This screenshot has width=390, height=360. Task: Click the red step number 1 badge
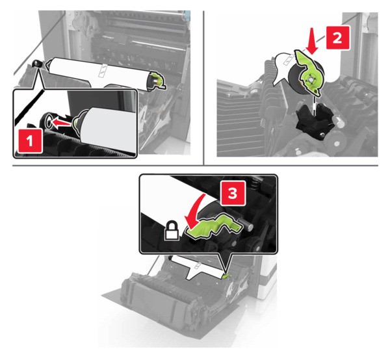[x=29, y=141]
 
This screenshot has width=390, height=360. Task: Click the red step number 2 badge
[x=337, y=38]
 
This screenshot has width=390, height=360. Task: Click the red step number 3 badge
[x=233, y=193]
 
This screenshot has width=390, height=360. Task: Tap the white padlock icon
[x=172, y=231]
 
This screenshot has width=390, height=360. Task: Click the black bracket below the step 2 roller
[x=314, y=119]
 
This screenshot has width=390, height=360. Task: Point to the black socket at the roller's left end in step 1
[x=37, y=64]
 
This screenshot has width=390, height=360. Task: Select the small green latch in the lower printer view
[x=227, y=276]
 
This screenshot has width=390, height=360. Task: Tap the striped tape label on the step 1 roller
[x=102, y=70]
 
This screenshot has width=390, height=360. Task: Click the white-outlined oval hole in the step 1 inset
[x=48, y=122]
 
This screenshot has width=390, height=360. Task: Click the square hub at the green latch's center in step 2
[x=310, y=79]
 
